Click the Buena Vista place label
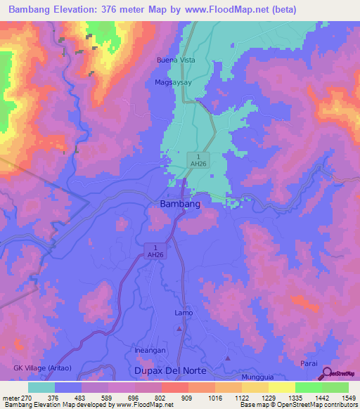point(175,60)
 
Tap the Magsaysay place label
point(173,82)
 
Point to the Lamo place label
point(183,313)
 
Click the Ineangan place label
point(148,350)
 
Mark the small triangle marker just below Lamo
point(179,328)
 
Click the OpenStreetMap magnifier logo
point(327,373)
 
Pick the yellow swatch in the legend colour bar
point(281,387)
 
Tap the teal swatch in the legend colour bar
point(41,387)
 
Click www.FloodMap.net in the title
point(219,10)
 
